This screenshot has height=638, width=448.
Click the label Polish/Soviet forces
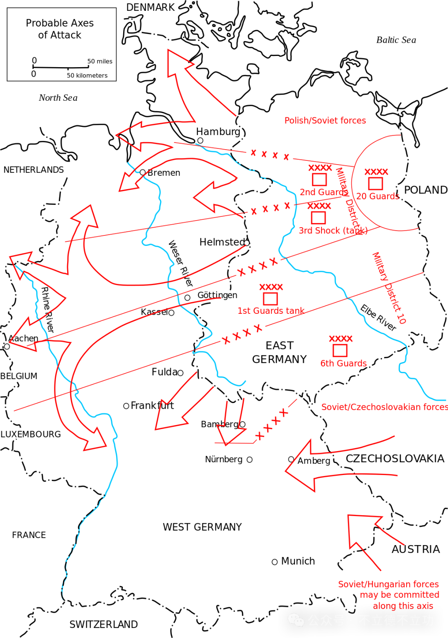(325, 121)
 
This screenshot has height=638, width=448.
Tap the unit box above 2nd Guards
(319, 180)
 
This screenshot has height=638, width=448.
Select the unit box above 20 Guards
(375, 183)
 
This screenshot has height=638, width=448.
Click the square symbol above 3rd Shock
(318, 218)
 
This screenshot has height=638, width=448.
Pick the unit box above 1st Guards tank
(270, 298)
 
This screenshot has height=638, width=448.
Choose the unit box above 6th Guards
(340, 351)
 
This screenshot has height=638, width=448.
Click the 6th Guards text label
(343, 364)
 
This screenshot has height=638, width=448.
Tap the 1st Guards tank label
(271, 311)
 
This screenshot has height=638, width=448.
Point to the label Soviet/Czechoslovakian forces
(384, 407)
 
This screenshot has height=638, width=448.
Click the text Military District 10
(389, 288)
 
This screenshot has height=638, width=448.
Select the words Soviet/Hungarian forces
(388, 584)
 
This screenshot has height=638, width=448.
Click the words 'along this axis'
(403, 606)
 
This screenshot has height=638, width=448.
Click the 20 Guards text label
(377, 196)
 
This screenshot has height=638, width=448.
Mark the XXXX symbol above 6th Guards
(341, 339)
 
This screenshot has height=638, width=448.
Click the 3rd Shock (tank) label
(333, 231)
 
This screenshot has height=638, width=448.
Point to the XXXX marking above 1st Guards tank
(271, 287)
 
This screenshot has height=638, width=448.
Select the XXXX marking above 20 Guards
(376, 172)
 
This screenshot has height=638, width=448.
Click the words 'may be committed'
(400, 595)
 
